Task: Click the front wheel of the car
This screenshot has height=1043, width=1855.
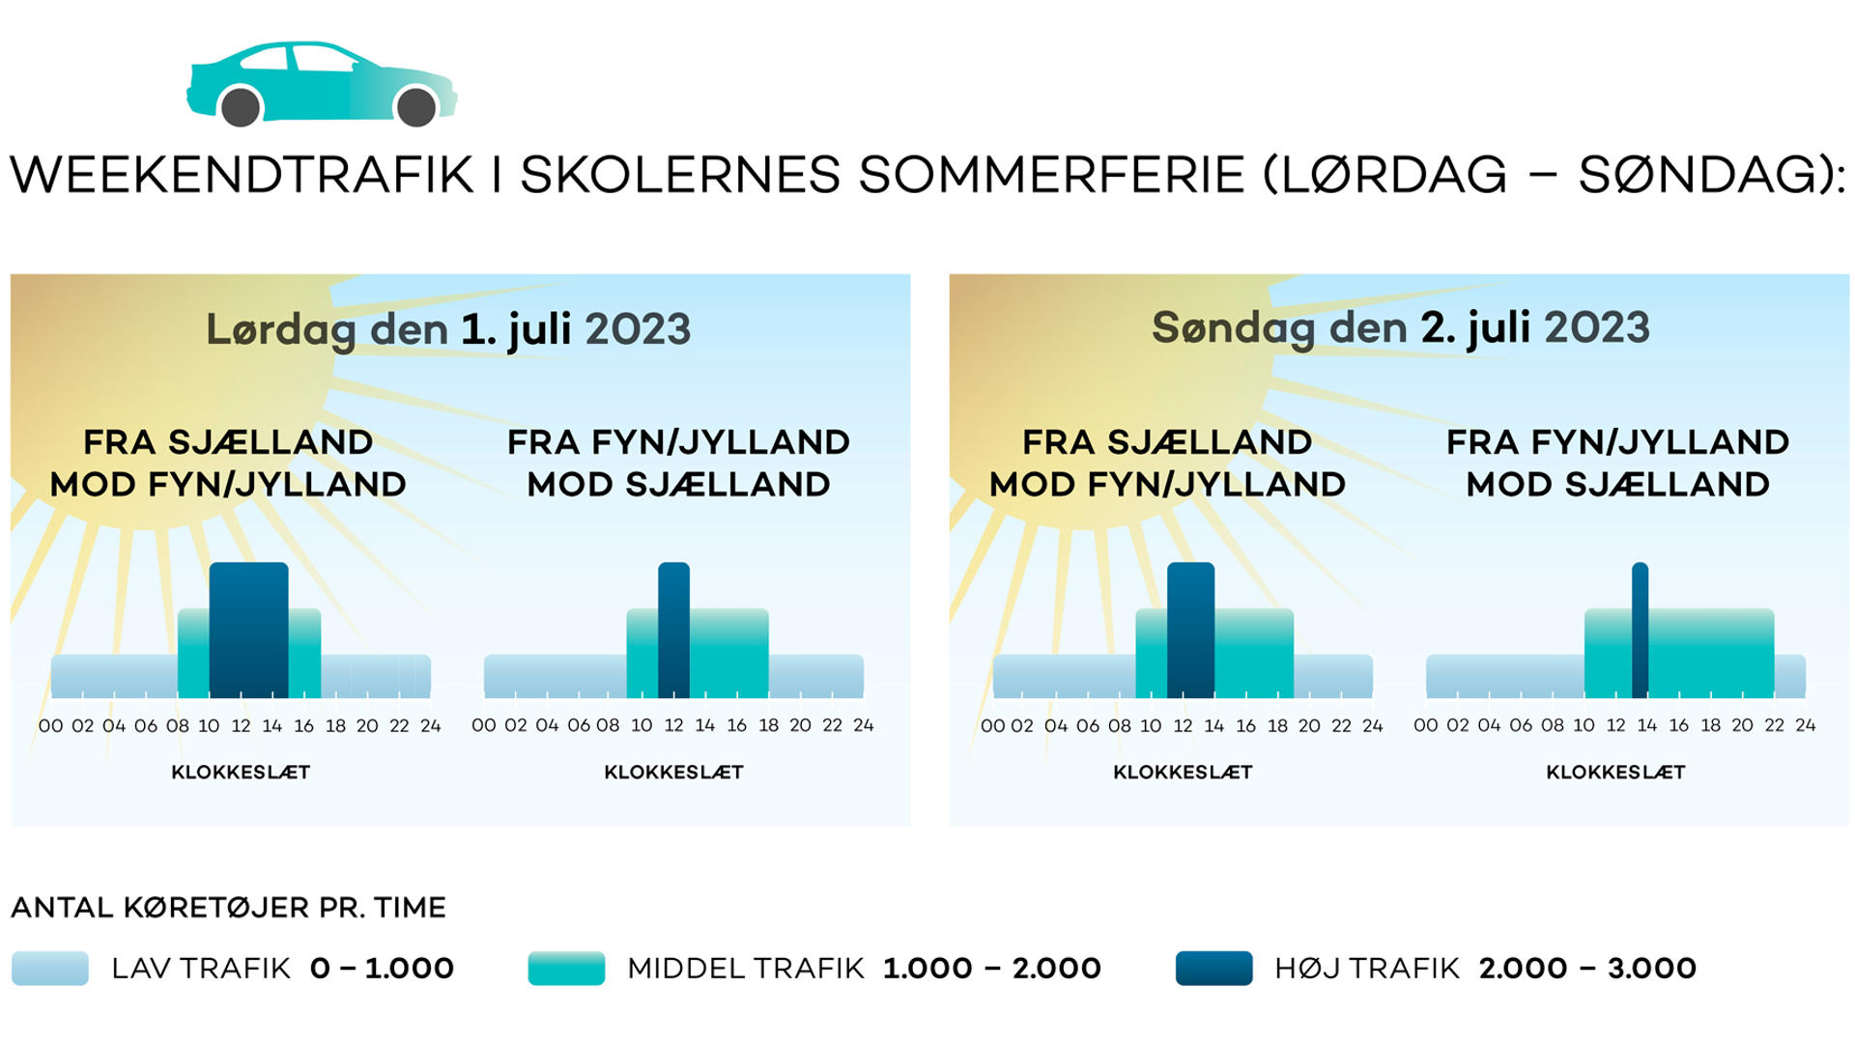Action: pyautogui.click(x=416, y=106)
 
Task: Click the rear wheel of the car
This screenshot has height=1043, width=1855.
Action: pyautogui.click(x=241, y=106)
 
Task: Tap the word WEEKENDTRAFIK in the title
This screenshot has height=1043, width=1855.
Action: pyautogui.click(x=243, y=175)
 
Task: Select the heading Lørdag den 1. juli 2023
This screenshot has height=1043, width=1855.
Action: pyautogui.click(x=448, y=330)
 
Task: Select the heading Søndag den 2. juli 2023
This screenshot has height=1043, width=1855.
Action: pyautogui.click(x=1401, y=328)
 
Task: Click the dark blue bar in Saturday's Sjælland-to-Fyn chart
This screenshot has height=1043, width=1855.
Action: pyautogui.click(x=248, y=630)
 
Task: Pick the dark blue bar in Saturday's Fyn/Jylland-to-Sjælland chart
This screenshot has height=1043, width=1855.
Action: pyautogui.click(x=673, y=630)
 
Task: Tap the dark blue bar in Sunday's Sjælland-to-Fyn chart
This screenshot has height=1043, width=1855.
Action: pyautogui.click(x=1190, y=630)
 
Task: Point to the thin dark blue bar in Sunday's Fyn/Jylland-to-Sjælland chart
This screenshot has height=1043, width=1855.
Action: pyautogui.click(x=1640, y=630)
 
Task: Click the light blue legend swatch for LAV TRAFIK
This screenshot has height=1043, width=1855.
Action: pyautogui.click(x=50, y=968)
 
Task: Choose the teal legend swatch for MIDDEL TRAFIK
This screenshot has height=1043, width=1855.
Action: pyautogui.click(x=566, y=968)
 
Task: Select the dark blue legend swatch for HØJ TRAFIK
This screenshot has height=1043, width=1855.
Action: pyautogui.click(x=1214, y=968)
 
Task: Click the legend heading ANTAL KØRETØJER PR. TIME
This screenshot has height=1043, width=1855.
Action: pyautogui.click(x=229, y=908)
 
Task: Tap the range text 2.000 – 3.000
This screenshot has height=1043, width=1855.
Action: pyautogui.click(x=1587, y=968)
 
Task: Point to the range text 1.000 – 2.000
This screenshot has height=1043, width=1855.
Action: pyautogui.click(x=992, y=968)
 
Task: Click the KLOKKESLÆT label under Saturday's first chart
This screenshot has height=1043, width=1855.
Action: pyautogui.click(x=241, y=773)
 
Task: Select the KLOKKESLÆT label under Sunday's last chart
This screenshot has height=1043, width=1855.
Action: pyautogui.click(x=1615, y=773)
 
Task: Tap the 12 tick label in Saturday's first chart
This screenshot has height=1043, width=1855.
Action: pyautogui.click(x=241, y=726)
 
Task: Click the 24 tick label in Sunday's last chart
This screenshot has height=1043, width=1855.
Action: pyautogui.click(x=1805, y=726)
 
